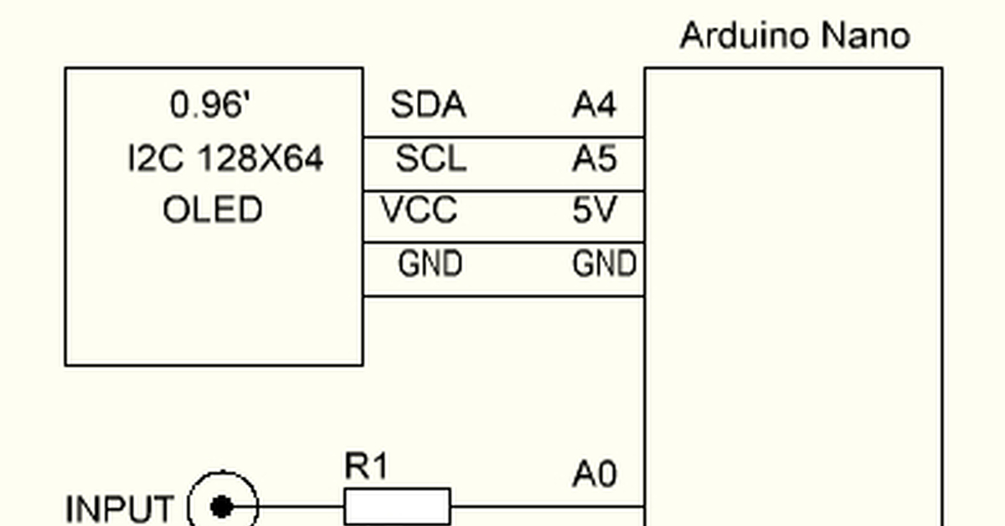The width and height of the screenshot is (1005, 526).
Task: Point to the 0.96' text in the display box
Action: [x=211, y=106]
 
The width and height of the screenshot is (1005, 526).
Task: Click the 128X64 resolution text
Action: [x=260, y=158]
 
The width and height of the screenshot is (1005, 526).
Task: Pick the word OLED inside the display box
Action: [x=213, y=210]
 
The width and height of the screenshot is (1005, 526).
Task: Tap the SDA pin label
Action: [x=428, y=106]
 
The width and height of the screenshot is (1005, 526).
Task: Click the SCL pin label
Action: [x=430, y=158]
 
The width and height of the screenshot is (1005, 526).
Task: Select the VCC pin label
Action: [x=420, y=210]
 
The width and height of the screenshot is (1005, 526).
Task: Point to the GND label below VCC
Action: [x=430, y=265]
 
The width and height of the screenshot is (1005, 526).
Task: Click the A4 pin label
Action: [x=595, y=106]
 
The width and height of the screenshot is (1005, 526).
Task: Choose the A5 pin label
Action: [x=595, y=158]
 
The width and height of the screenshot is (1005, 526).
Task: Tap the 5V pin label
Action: [x=595, y=210]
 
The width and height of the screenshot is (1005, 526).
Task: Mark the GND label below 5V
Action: [x=604, y=265]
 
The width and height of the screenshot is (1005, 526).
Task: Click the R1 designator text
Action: [x=366, y=467]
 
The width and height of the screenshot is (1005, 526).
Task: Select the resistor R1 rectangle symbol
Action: [x=397, y=507]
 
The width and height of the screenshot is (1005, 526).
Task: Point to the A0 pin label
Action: [x=595, y=476]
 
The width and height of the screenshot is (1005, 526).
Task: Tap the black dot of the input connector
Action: [x=222, y=507]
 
